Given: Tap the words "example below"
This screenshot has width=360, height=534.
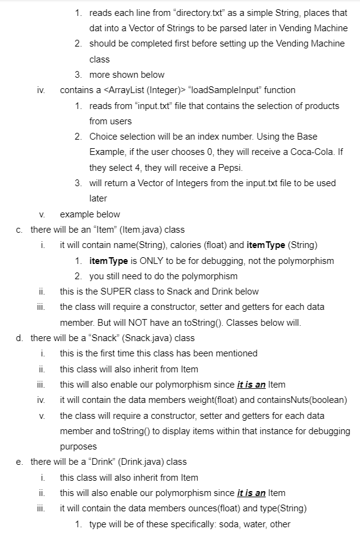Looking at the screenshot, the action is tap(90, 214).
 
